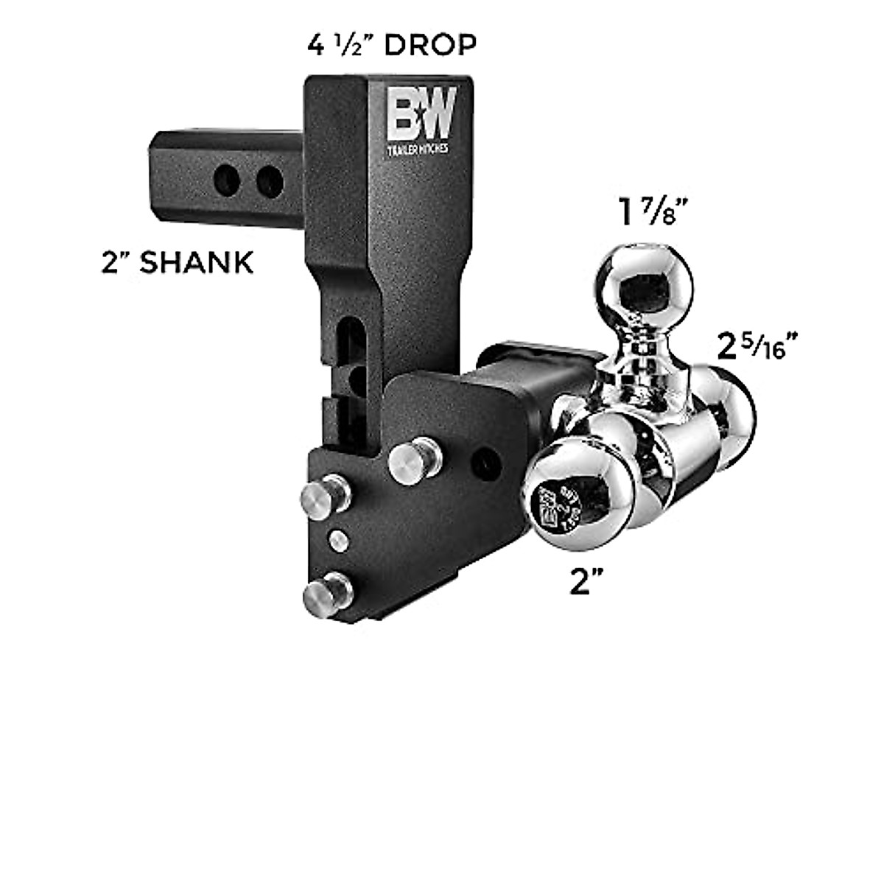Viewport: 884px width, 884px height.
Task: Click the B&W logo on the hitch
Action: point(422,113)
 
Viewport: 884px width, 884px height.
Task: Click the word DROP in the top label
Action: point(430,46)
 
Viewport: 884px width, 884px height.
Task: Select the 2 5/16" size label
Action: point(759,347)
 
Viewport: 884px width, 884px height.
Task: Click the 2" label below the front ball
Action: point(582,583)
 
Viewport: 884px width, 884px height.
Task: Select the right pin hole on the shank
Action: point(270,182)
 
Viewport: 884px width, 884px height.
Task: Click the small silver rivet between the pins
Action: point(338,541)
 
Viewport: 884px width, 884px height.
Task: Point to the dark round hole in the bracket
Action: point(487,462)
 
